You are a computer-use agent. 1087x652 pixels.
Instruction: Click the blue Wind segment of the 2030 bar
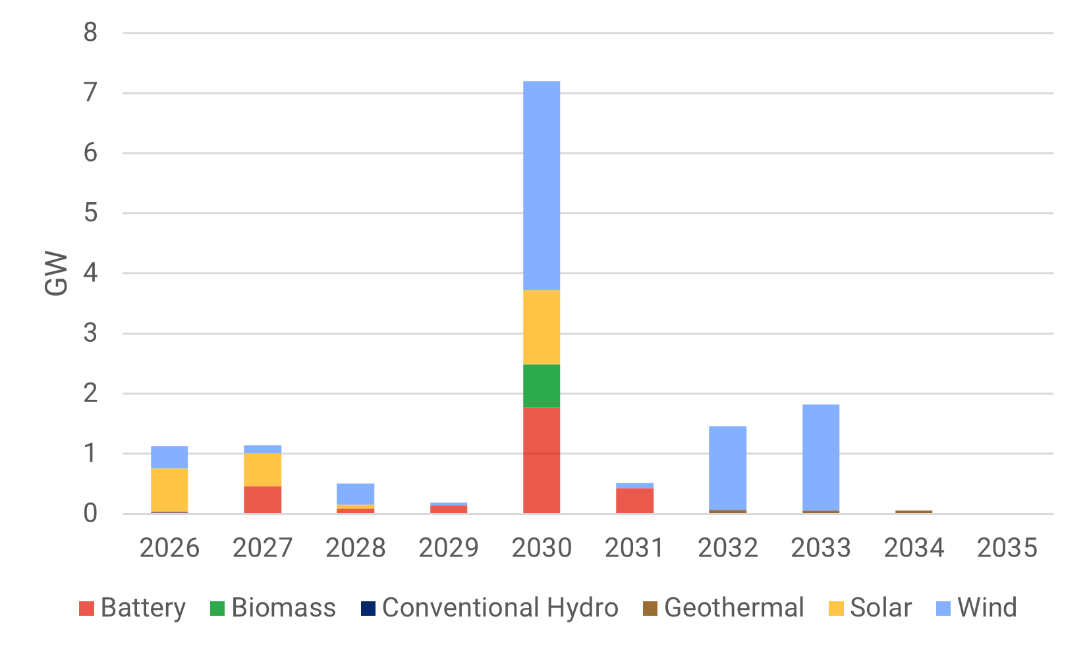pyautogui.click(x=542, y=185)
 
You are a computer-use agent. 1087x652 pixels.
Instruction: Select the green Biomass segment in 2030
pyautogui.click(x=542, y=385)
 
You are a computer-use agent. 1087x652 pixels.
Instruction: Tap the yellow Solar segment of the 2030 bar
pyautogui.click(x=542, y=327)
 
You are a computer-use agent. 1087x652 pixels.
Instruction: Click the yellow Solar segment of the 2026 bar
pyautogui.click(x=169, y=489)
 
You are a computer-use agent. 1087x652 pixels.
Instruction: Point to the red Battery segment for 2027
pyautogui.click(x=262, y=499)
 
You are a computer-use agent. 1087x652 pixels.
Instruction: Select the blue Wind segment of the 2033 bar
pyautogui.click(x=821, y=457)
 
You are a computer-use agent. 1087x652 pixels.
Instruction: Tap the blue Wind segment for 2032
pyautogui.click(x=727, y=468)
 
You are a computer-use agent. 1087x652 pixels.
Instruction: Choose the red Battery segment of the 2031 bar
pyautogui.click(x=634, y=501)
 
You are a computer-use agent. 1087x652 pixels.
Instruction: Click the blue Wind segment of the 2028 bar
pyautogui.click(x=355, y=494)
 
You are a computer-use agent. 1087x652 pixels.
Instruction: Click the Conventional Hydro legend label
pyautogui.click(x=500, y=608)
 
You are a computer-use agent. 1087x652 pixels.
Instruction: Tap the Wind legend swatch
pyautogui.click(x=943, y=609)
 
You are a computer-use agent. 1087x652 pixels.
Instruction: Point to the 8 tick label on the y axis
pyautogui.click(x=90, y=32)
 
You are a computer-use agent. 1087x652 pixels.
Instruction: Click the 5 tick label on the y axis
pyautogui.click(x=90, y=213)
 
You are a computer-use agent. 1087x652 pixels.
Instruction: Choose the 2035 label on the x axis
pyautogui.click(x=1007, y=548)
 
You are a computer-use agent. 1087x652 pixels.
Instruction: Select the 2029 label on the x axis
pyautogui.click(x=448, y=548)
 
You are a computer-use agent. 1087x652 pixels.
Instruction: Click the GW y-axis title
pyautogui.click(x=57, y=273)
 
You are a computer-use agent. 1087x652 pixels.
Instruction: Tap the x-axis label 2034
pyautogui.click(x=914, y=548)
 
